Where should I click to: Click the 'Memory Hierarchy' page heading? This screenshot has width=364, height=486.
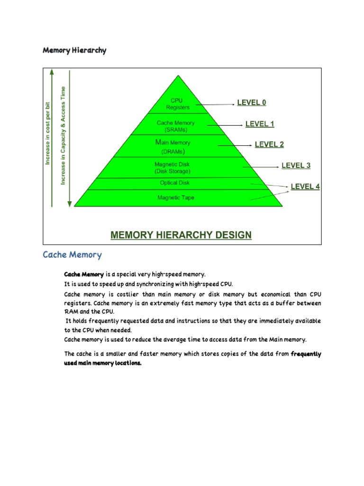point(74,50)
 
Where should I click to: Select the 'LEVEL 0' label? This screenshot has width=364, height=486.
point(251,103)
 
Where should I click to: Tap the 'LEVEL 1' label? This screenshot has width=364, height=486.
point(260,124)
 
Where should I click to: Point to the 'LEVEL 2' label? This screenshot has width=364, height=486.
point(269,144)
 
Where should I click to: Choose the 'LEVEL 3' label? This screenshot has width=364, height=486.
point(296,165)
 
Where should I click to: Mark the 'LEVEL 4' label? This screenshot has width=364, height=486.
point(305,187)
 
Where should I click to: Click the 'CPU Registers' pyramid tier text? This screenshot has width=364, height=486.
point(177,104)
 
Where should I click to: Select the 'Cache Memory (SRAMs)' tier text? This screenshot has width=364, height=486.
point(175,126)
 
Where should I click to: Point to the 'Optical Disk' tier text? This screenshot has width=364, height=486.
point(175,183)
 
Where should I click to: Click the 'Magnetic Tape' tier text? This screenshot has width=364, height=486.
point(175,197)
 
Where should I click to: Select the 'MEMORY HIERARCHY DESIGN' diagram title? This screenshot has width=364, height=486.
point(181,235)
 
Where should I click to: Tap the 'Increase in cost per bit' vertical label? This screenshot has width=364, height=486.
point(47,134)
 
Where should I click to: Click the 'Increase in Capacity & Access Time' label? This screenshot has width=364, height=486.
point(63,136)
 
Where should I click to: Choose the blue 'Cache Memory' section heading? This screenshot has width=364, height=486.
point(72,255)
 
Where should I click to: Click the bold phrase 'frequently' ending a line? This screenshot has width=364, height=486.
point(306,354)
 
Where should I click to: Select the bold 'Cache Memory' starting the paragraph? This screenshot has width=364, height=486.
point(84,274)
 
